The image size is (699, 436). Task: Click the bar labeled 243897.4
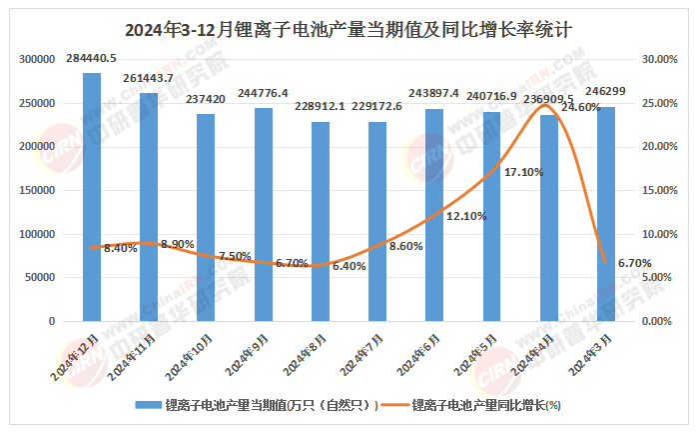tap(434, 215)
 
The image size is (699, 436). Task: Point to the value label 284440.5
tap(91, 58)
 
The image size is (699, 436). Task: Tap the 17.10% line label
tap(523, 172)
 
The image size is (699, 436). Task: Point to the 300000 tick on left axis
tap(37, 60)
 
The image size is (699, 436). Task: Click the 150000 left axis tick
tap(37, 191)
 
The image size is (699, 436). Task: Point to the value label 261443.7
tap(148, 78)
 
